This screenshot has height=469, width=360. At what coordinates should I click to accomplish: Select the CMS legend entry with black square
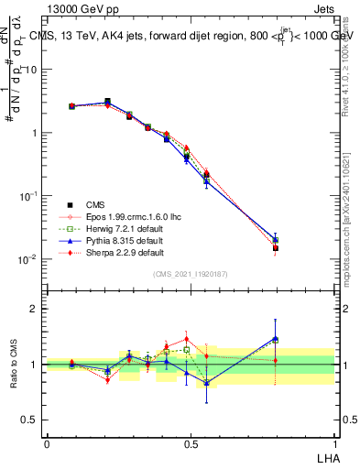[91, 204]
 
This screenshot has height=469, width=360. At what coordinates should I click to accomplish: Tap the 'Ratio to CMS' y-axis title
[13, 364]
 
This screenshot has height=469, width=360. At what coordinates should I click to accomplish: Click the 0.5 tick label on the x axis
[190, 442]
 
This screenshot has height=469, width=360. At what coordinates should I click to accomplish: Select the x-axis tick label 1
[334, 442]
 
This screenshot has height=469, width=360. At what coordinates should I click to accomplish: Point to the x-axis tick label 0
[47, 442]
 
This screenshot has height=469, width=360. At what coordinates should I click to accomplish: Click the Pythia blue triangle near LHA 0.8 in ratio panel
[276, 338]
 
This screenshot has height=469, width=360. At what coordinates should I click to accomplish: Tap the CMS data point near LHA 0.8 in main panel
[276, 247]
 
